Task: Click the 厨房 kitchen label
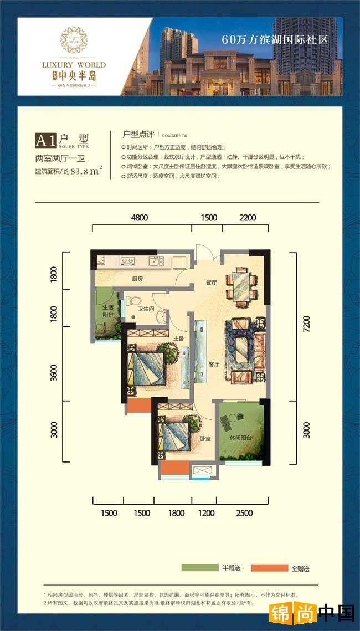tap(138, 279)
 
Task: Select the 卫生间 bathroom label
tap(146, 310)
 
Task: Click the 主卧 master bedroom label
tap(179, 337)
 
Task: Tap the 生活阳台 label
tap(108, 311)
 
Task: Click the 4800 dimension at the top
tap(140, 218)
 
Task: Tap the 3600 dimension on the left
tap(54, 373)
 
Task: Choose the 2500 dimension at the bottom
tap(244, 513)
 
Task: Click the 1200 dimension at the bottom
tap(206, 513)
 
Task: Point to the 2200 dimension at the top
tap(248, 218)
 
